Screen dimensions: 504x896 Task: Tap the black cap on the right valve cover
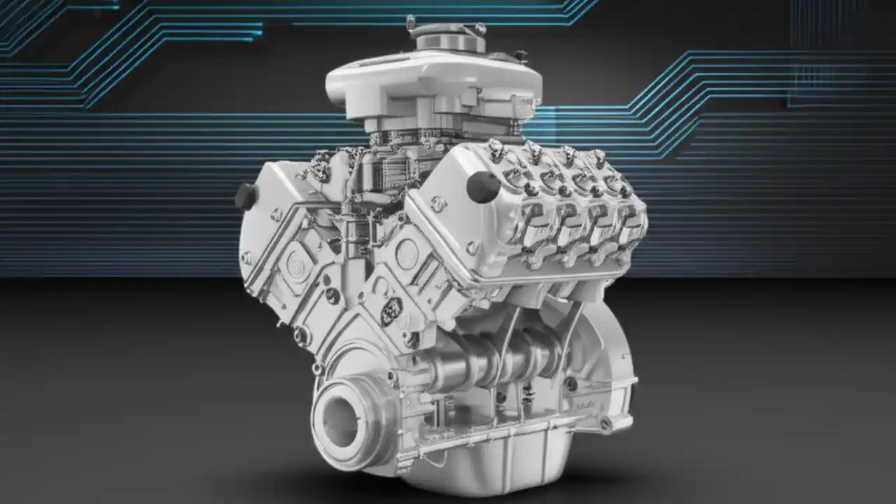click(484, 186)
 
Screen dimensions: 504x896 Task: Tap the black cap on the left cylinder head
click(245, 196)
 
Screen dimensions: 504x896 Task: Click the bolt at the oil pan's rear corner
click(606, 423)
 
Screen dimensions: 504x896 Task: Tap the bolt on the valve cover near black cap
click(439, 204)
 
